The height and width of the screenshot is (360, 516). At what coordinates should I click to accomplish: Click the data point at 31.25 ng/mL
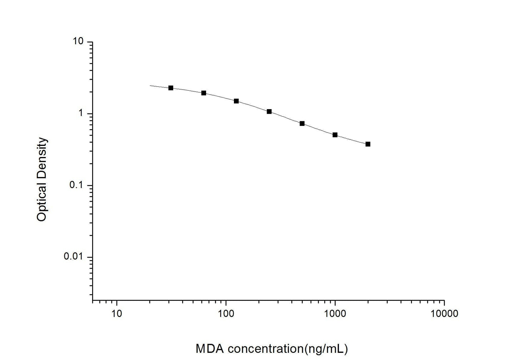point(171,88)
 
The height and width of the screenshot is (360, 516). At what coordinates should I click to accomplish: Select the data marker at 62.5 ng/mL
point(204,93)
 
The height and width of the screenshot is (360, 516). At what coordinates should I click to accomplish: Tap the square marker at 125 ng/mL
point(236,101)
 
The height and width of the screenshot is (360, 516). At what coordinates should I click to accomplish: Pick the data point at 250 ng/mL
point(269,111)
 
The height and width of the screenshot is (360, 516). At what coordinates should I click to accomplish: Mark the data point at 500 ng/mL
point(302,123)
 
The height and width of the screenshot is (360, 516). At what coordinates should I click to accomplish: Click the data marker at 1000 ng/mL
point(335,135)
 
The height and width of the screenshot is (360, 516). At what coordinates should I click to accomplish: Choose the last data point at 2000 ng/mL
point(368,144)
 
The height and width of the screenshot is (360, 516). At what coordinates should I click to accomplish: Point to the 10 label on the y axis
point(78,42)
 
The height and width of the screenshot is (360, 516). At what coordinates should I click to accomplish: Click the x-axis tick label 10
point(117,314)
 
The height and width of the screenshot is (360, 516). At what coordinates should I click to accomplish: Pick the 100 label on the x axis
point(226,314)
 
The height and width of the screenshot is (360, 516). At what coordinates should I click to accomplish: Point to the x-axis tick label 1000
point(335,314)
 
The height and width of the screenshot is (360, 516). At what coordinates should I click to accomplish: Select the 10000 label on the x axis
point(444,314)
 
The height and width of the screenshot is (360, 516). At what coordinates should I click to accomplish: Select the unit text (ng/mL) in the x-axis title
point(325,349)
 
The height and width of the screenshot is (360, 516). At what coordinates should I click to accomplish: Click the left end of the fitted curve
point(150,86)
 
